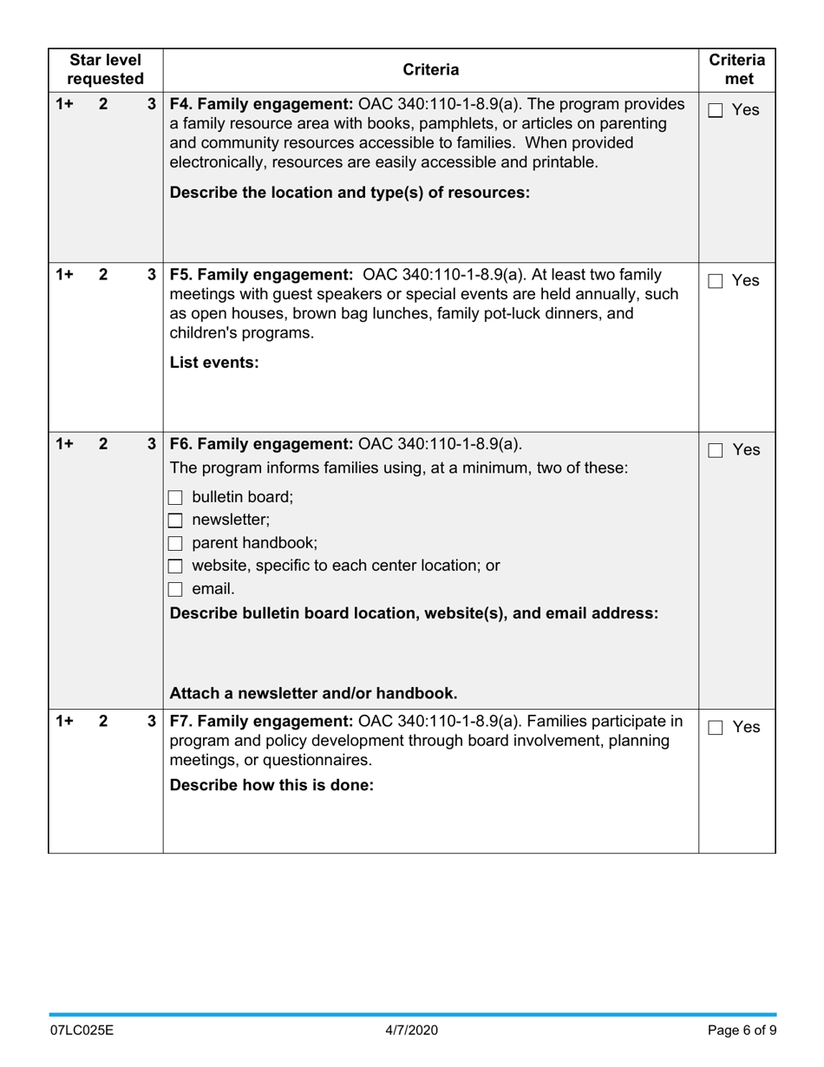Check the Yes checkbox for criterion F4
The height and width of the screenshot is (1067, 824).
coord(716,110)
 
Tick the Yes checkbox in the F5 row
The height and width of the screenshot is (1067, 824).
coord(716,281)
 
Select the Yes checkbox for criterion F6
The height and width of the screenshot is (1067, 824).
coord(716,450)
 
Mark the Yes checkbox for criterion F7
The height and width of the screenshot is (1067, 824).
coord(716,728)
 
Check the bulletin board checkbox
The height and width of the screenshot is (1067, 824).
coord(175,498)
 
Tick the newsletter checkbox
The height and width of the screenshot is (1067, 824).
coord(175,520)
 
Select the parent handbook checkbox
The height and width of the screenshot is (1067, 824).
coord(175,544)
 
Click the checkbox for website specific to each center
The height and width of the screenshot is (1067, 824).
coord(175,566)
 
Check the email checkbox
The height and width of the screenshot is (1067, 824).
coord(175,589)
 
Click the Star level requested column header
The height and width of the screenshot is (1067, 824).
coord(105,69)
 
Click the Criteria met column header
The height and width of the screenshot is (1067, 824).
coord(736,69)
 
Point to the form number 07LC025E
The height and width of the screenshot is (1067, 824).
coord(82,1031)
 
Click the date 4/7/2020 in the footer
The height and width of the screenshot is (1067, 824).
coord(412,1031)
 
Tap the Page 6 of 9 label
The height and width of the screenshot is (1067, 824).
coord(742,1031)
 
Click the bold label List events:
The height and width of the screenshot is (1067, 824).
coord(214,363)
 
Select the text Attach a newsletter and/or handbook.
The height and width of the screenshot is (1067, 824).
coord(313,693)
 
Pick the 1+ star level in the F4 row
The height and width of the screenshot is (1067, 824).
coord(64,104)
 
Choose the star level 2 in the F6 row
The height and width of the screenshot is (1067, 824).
coord(103,443)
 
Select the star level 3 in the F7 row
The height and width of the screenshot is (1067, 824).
coord(152,721)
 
